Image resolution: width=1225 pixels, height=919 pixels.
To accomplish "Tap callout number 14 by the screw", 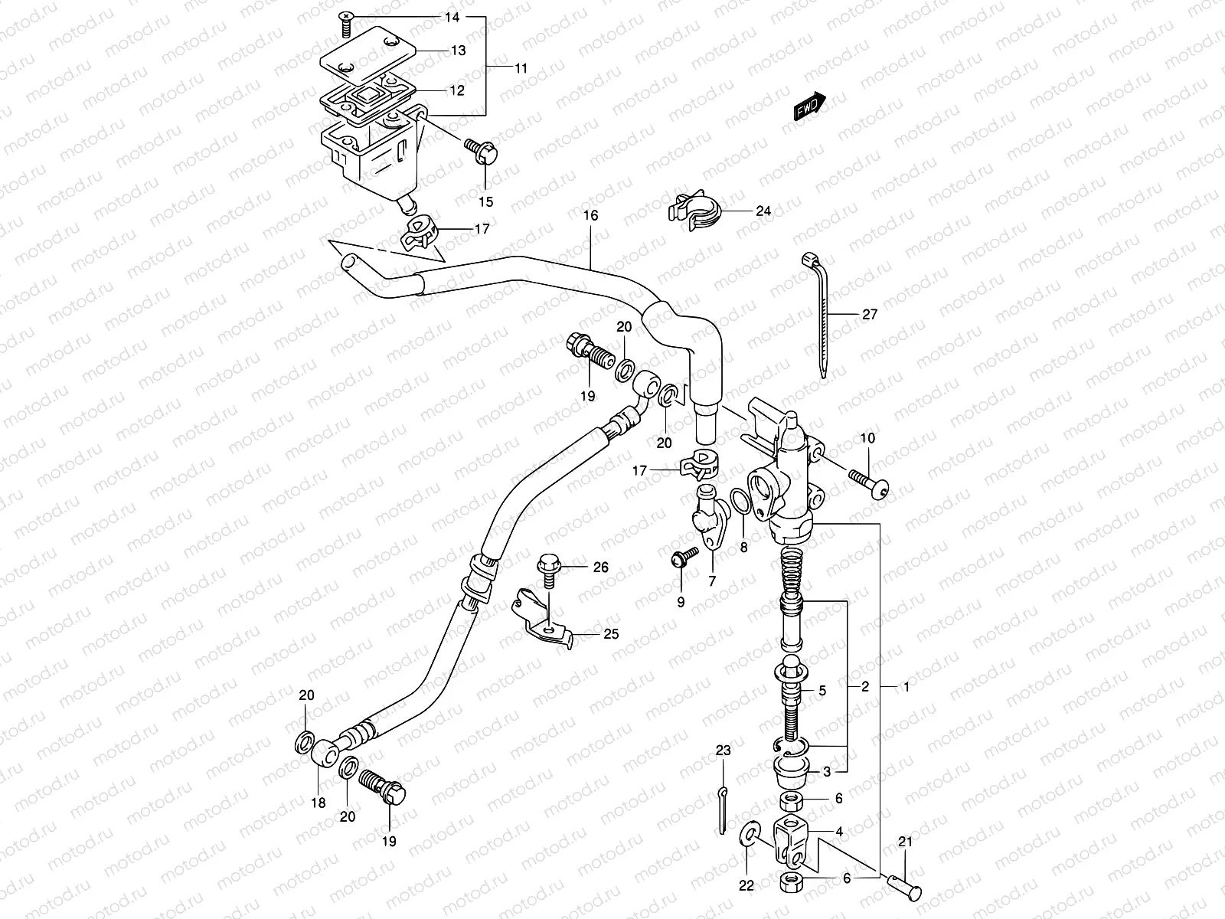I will [x=452, y=16].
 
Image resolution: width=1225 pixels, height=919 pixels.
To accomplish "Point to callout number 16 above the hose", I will [x=590, y=216].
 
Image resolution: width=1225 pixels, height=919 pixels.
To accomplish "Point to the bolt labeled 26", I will [x=549, y=567].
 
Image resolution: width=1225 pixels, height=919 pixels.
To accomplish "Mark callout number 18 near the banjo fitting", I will [x=318, y=803].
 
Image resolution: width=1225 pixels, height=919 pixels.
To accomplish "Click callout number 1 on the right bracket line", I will [x=906, y=688].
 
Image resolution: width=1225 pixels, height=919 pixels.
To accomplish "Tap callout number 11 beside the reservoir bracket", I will [x=521, y=68].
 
